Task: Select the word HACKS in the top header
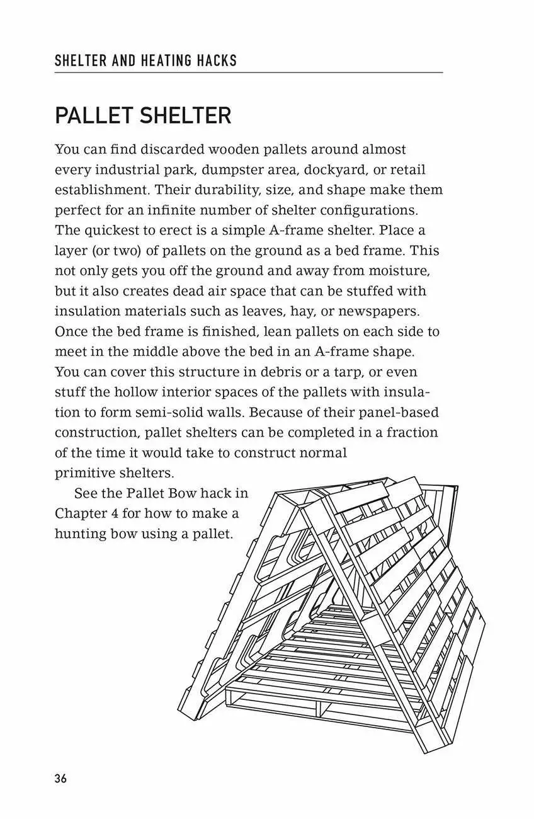tap(216, 61)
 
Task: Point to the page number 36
tap(61, 778)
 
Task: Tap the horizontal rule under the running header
tap(248, 73)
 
